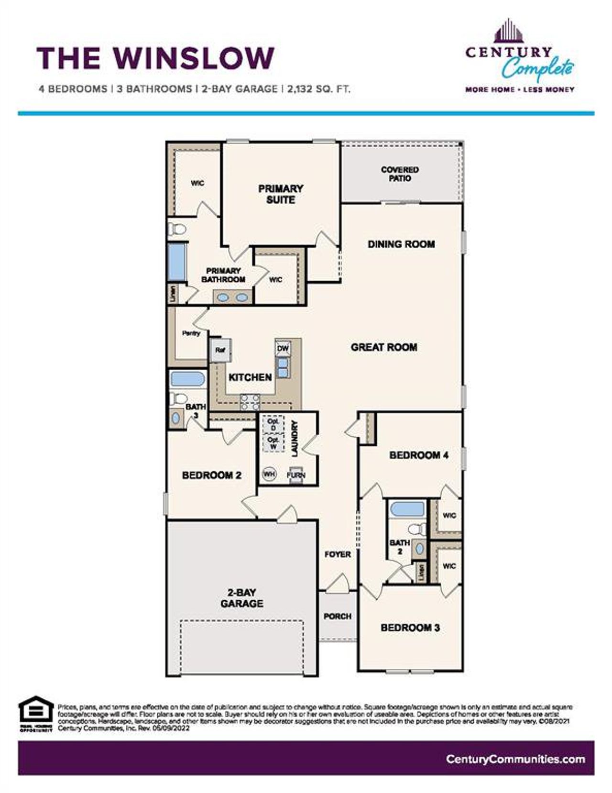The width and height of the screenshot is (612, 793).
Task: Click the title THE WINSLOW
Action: (x=155, y=58)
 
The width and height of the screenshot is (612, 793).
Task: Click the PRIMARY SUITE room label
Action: (x=281, y=194)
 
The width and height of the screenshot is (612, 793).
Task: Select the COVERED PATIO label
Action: (x=400, y=174)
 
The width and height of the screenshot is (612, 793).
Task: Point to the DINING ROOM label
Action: (x=401, y=244)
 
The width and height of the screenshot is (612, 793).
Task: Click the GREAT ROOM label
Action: (x=384, y=348)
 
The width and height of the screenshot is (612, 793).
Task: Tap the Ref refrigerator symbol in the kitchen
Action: (x=220, y=350)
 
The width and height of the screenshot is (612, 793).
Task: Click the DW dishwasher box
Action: (x=283, y=348)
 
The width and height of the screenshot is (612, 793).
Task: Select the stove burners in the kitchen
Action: (x=250, y=402)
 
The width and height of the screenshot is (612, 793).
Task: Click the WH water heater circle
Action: (x=269, y=474)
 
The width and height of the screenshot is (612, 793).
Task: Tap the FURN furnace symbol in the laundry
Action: (x=295, y=475)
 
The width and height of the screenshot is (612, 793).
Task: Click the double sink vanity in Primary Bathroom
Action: (x=232, y=297)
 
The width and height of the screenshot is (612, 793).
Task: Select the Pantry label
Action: (x=191, y=333)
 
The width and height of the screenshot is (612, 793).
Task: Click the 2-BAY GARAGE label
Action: (x=242, y=598)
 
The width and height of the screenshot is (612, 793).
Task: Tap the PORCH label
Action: (x=338, y=617)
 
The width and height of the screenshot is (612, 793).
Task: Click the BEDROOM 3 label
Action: (x=410, y=628)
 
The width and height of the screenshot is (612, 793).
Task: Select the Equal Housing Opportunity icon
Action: (x=36, y=715)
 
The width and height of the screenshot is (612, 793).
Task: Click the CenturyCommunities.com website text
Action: (x=515, y=759)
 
